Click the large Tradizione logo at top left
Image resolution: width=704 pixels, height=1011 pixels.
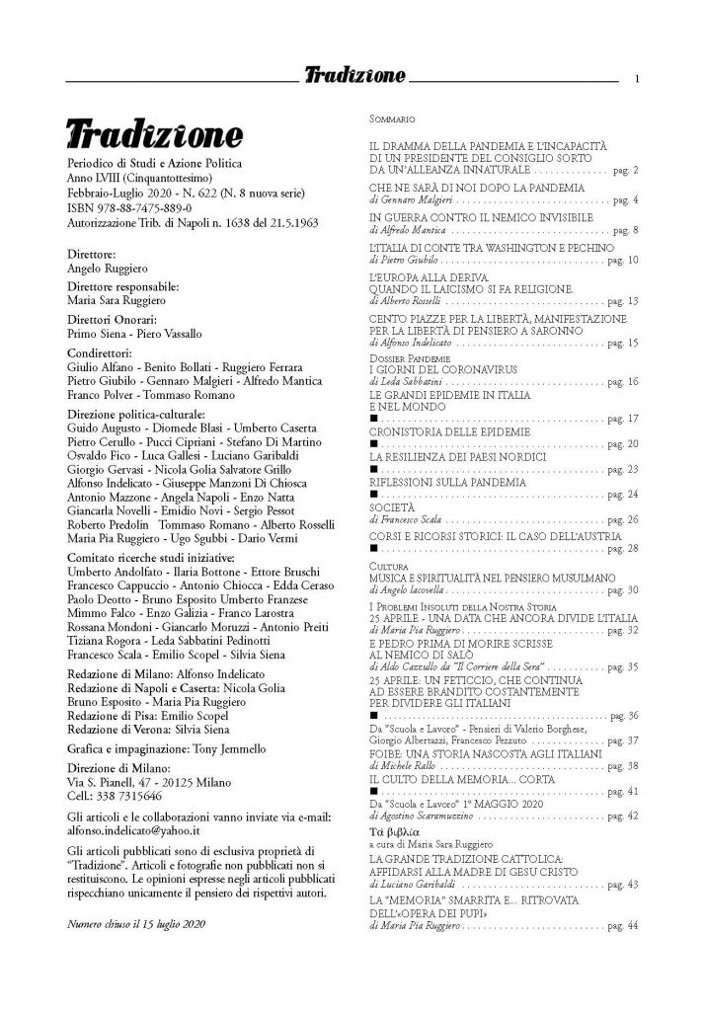coord(154,133)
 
